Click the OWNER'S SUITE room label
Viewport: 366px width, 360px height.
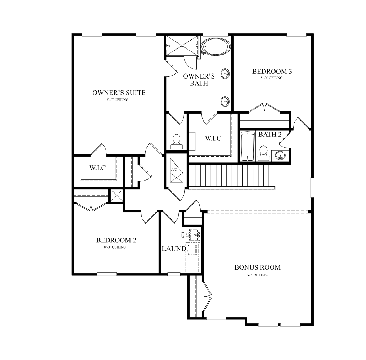(x=119, y=93)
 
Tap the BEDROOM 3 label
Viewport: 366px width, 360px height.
(x=272, y=71)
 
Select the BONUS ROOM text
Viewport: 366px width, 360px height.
(x=258, y=267)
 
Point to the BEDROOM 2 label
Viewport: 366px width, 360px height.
(x=116, y=240)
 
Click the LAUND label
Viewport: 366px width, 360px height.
(x=174, y=249)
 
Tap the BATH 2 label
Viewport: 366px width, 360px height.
(x=270, y=135)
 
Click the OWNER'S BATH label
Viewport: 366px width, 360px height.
(x=199, y=80)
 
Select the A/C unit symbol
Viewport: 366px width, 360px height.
(x=176, y=170)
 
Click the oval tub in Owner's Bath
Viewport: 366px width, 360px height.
(x=216, y=47)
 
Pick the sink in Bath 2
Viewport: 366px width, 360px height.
(x=280, y=155)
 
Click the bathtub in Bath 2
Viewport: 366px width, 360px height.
(x=247, y=147)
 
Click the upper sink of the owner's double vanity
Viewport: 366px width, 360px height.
(x=225, y=73)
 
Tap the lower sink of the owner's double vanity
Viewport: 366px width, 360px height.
(x=225, y=102)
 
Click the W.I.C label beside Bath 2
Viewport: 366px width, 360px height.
(x=213, y=138)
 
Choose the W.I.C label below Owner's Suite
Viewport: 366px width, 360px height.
(x=98, y=168)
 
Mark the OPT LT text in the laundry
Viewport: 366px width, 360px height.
(x=185, y=234)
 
